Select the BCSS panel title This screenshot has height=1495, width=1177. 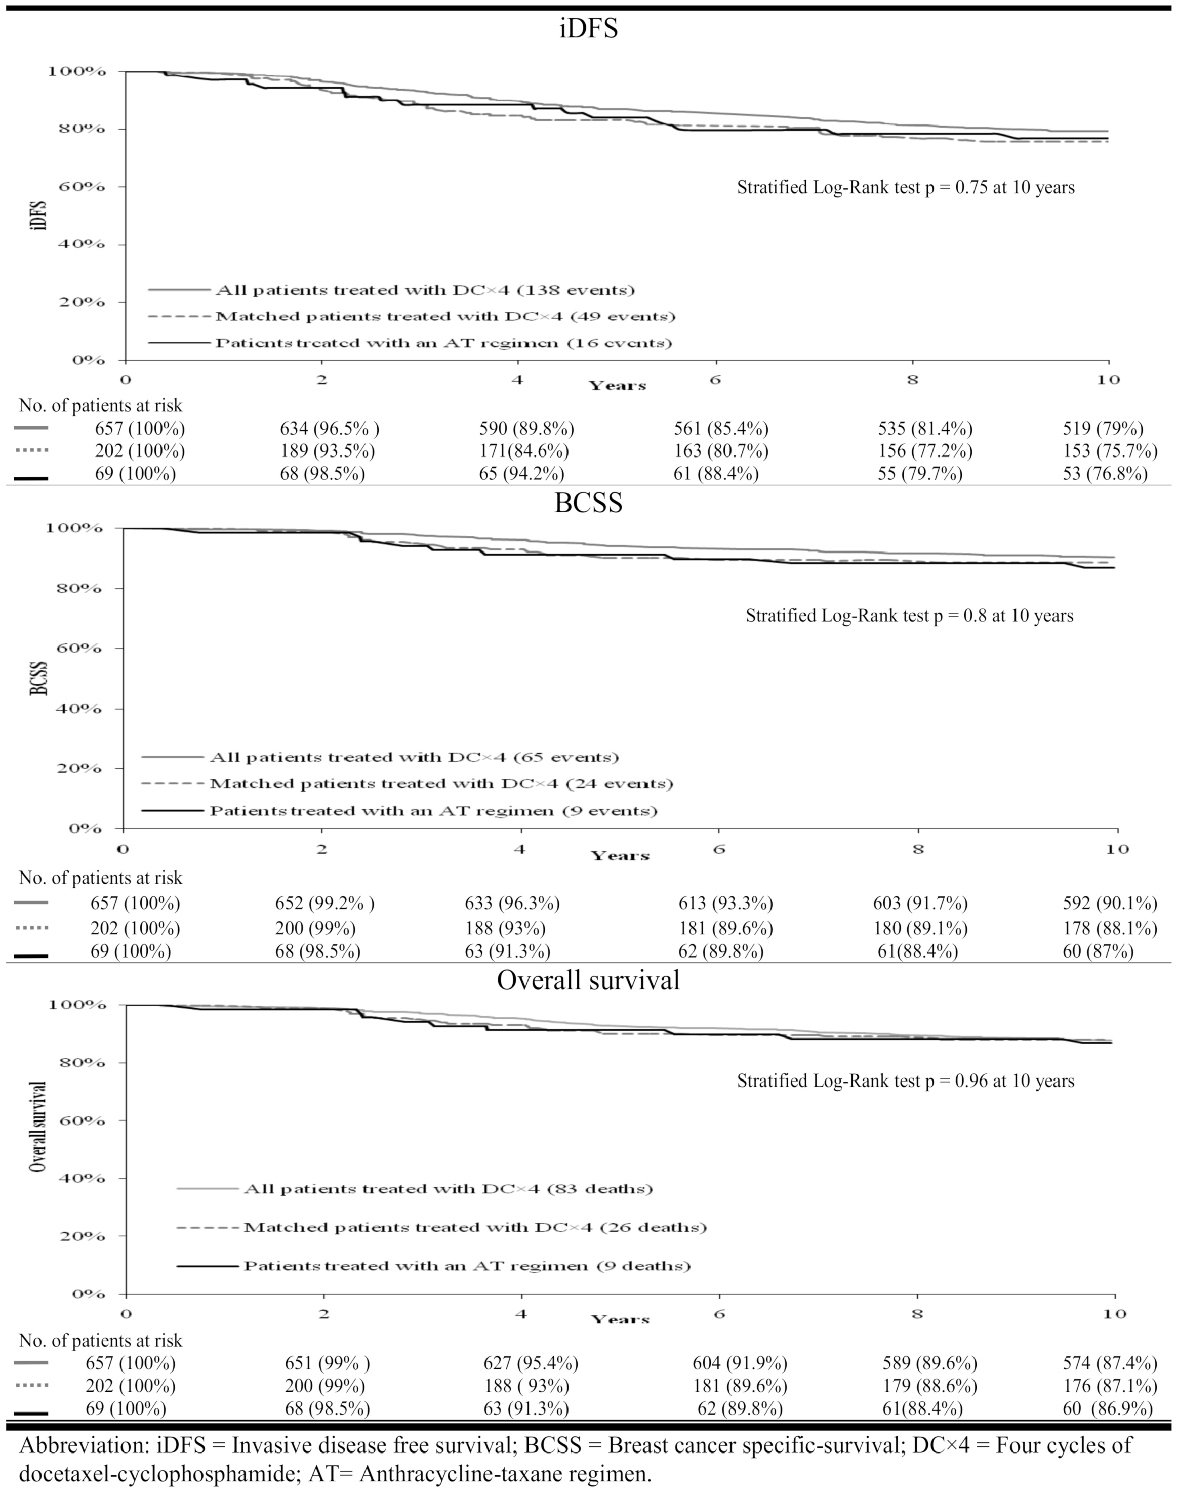click(588, 503)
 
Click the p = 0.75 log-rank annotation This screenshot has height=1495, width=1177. click(906, 187)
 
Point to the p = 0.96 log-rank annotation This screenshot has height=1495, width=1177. click(906, 1081)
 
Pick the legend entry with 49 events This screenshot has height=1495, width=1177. click(444, 317)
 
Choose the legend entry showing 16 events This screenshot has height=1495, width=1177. click(443, 343)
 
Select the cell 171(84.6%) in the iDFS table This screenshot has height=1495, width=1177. click(524, 451)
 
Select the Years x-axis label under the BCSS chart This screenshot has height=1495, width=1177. click(620, 856)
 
